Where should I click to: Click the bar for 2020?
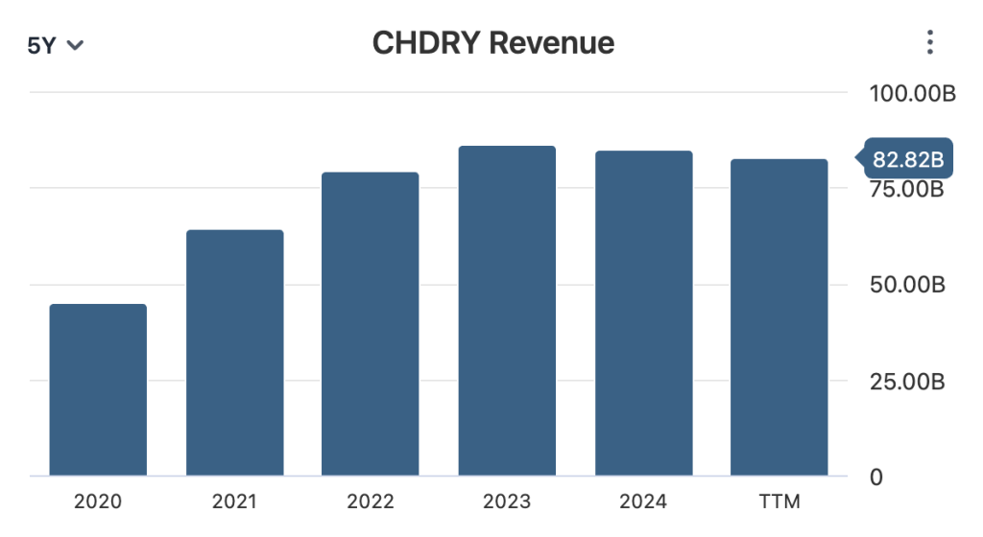[98, 389]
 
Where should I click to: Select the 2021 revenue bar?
[234, 353]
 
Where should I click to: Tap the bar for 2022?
[371, 324]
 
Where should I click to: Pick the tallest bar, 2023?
[507, 311]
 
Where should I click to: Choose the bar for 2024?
[643, 314]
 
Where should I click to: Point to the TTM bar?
[779, 317]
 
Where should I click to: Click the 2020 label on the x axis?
[98, 502]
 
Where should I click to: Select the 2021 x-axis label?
[234, 502]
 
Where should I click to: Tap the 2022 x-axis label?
[371, 502]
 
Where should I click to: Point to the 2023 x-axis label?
[507, 502]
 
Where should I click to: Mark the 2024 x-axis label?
[643, 502]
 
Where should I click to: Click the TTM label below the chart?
[779, 502]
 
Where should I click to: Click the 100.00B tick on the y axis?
[912, 94]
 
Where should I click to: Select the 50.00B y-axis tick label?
[907, 285]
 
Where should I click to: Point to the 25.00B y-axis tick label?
[907, 382]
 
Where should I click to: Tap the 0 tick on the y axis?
[875, 477]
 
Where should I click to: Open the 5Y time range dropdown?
[55, 45]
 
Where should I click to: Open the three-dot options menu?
[928, 42]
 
